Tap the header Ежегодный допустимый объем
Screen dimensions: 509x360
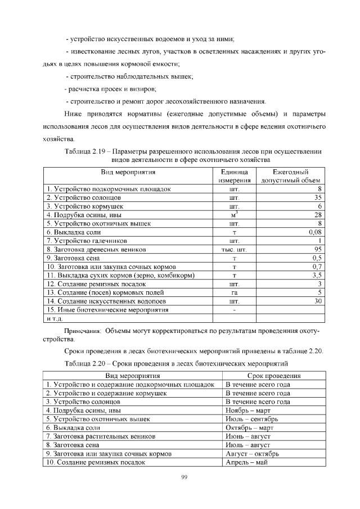291,176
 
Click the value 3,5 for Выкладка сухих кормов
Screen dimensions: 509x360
316,276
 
